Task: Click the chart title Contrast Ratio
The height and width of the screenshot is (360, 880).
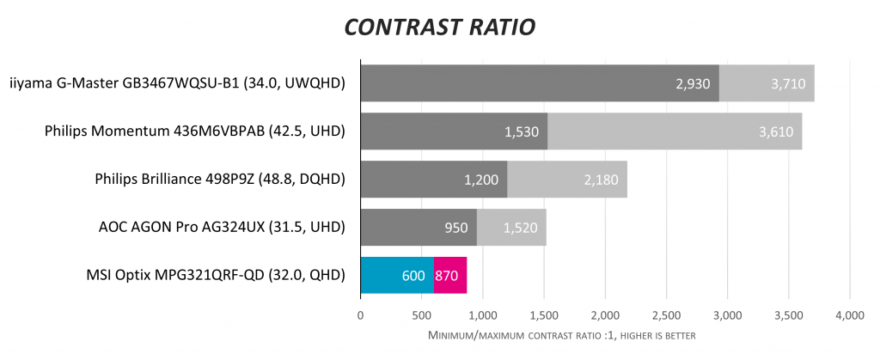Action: (x=439, y=27)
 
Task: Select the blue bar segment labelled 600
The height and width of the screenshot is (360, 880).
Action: (x=397, y=275)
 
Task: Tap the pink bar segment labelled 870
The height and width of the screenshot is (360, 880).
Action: (x=450, y=275)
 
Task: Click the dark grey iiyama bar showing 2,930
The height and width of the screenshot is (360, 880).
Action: (x=539, y=83)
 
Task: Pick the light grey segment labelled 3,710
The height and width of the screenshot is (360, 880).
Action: (x=767, y=83)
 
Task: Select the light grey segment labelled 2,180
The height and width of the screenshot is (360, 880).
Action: (x=567, y=180)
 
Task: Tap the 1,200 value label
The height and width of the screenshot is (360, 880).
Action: (x=481, y=180)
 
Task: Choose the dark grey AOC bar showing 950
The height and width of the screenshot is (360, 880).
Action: (x=419, y=228)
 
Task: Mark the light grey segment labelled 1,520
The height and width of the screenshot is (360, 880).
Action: (x=511, y=228)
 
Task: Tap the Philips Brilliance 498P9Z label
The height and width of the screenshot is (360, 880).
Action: (x=220, y=180)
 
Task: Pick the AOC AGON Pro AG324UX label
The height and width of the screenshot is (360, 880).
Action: (x=223, y=228)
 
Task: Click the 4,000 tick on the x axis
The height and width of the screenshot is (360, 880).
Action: (x=849, y=316)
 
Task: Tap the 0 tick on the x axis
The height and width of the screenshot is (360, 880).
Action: (x=361, y=316)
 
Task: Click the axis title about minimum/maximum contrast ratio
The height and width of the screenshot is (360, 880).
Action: (x=560, y=334)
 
